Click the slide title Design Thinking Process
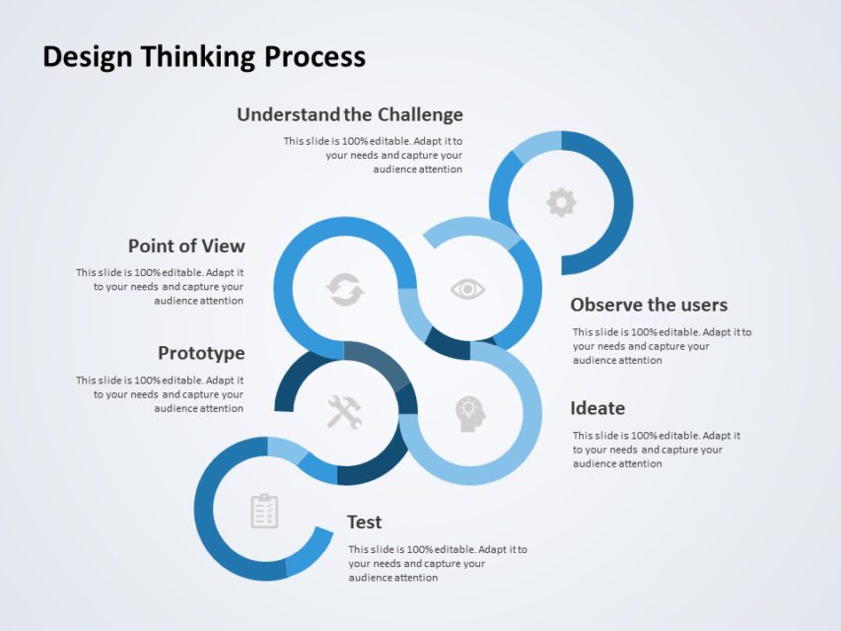[204, 57]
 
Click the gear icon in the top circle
[561, 203]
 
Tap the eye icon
[467, 289]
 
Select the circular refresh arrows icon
[345, 290]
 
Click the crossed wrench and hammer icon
[344, 411]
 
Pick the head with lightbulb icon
[470, 413]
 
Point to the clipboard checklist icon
[264, 511]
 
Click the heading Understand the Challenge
[349, 114]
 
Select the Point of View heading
[186, 245]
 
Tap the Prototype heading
[201, 353]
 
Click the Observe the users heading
[649, 305]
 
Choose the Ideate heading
[597, 408]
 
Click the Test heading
[364, 522]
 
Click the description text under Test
[437, 563]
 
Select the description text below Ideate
[656, 450]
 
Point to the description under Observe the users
[661, 346]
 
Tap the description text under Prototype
[161, 394]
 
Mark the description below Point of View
[161, 287]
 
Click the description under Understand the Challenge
[374, 155]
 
